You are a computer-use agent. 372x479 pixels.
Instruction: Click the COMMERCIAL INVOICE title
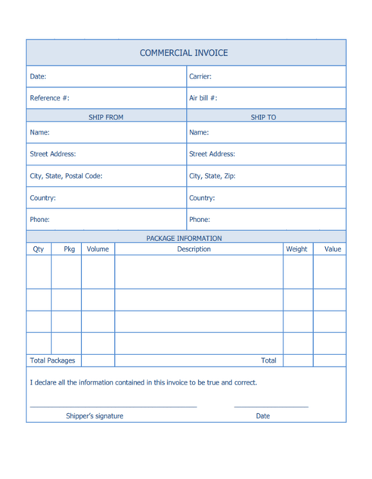click(184, 53)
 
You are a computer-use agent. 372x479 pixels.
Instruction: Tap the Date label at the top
click(38, 76)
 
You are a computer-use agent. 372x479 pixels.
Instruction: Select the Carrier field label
click(200, 76)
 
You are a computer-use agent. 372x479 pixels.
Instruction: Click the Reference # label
click(50, 98)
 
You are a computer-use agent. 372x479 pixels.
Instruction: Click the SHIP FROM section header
click(106, 117)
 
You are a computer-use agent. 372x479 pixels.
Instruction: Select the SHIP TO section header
click(265, 117)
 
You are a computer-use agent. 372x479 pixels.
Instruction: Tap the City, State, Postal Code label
click(66, 176)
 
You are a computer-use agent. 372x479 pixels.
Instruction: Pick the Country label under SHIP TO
click(203, 198)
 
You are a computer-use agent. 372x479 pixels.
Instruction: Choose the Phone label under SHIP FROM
click(40, 220)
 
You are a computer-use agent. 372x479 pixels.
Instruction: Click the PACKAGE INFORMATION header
click(184, 238)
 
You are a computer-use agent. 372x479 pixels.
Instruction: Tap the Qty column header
click(38, 249)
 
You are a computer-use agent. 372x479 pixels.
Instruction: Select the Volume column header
click(97, 249)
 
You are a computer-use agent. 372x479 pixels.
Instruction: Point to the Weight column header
click(296, 249)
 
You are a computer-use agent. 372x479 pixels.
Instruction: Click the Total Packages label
click(53, 361)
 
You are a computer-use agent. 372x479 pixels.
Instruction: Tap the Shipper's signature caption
click(95, 416)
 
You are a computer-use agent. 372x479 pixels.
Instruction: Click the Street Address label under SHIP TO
click(212, 154)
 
